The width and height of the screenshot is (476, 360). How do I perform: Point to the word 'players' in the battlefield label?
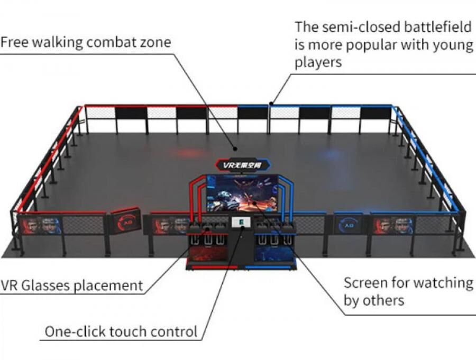[319, 62]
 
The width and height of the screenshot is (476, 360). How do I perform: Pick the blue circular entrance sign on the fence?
[348, 224]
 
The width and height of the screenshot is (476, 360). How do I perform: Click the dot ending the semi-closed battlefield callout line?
[271, 103]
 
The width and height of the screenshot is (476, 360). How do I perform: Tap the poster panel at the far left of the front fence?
[40, 225]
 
